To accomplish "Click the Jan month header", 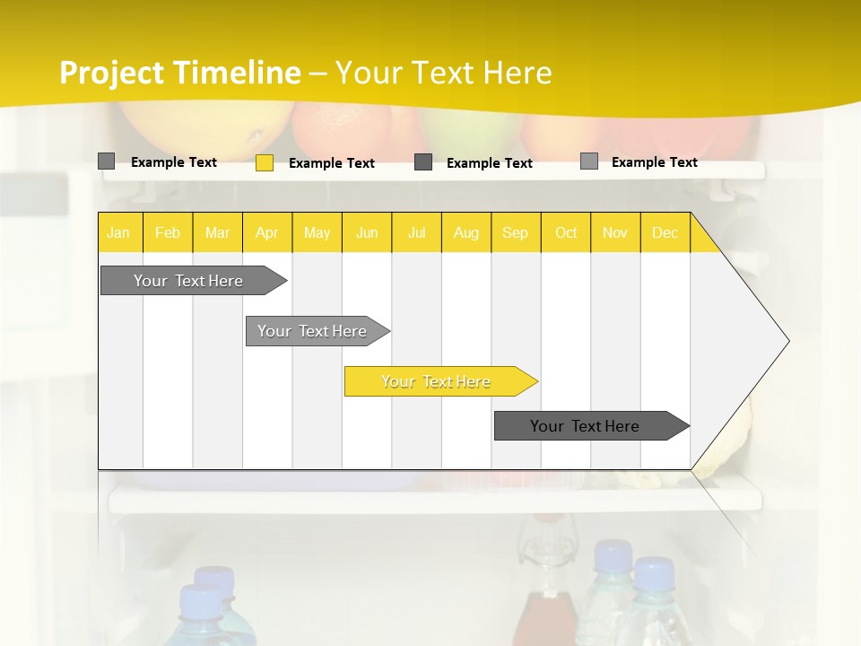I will [118, 232].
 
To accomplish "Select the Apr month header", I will [266, 232].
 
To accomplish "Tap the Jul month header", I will [416, 232].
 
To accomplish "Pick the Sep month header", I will [515, 232].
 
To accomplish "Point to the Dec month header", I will [665, 232].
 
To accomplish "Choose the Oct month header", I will [566, 232].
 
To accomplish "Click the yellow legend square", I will [264, 162].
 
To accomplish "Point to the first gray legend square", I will [106, 161].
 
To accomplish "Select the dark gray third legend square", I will [423, 162].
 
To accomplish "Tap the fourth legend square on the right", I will [588, 161].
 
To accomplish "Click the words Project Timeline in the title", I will [179, 73].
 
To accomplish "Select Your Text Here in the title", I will [443, 73].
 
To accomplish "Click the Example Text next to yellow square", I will [331, 163].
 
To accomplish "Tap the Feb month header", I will [168, 232].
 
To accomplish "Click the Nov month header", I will [615, 232].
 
